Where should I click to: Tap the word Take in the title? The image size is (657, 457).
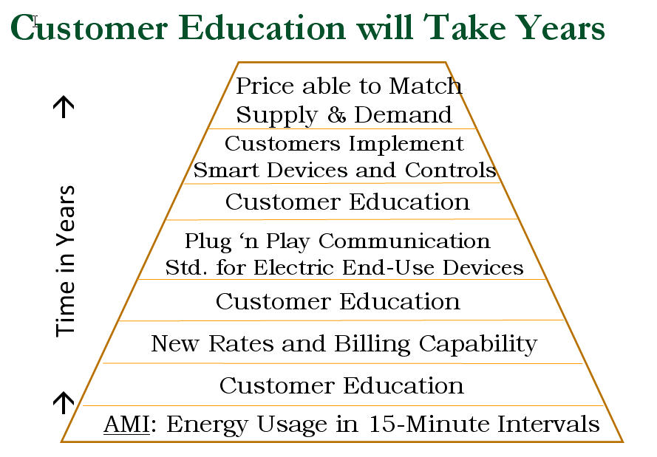point(464,27)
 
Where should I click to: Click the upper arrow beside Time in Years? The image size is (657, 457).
point(64,107)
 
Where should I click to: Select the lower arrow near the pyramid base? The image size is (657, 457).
point(64,402)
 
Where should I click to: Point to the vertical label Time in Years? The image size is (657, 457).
point(65,261)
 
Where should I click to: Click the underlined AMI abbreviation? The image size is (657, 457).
point(126,424)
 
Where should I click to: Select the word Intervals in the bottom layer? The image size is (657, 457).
point(548,424)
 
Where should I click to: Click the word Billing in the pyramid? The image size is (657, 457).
point(372,345)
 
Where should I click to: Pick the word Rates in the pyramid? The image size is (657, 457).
point(242,343)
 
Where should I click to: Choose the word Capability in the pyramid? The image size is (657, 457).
point(478,345)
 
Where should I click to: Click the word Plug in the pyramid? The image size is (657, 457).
point(208,242)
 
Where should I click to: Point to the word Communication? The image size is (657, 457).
point(404,241)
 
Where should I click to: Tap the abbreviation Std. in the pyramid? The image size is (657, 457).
point(186,267)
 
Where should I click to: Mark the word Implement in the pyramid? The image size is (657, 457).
point(406,145)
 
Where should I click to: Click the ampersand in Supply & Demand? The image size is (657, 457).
point(336,114)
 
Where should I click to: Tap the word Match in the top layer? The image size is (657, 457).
point(425,86)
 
